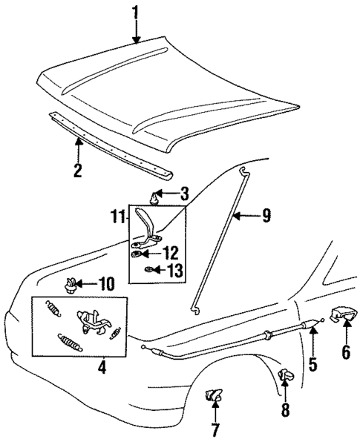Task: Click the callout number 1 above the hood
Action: pos(136,12)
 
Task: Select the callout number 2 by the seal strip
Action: pos(77,169)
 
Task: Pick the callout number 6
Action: pos(345,352)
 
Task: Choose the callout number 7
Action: pos(215,428)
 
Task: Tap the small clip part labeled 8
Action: pos(286,376)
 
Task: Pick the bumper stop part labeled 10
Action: pos(72,283)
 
